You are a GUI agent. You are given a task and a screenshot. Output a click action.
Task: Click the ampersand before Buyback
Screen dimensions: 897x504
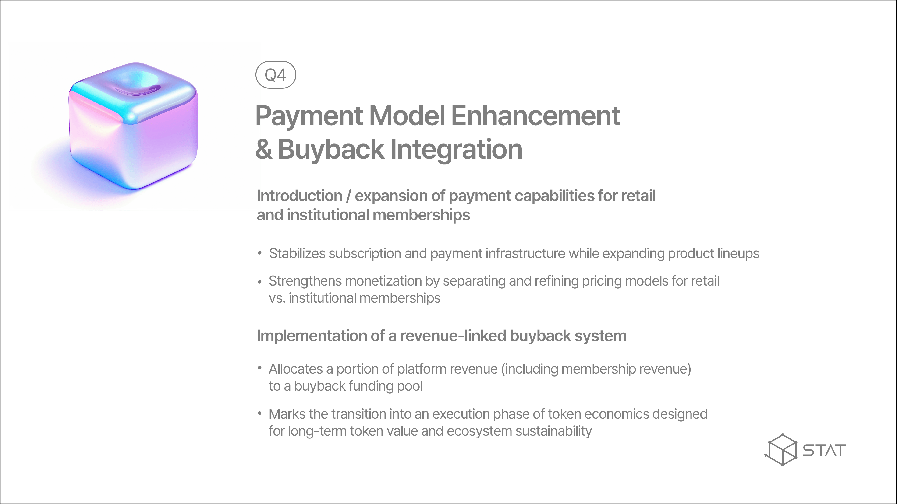[x=264, y=149]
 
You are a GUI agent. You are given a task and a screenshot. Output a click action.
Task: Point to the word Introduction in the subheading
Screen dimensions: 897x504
[x=299, y=196]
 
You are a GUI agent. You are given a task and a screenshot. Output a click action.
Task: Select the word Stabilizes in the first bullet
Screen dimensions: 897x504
[x=297, y=254]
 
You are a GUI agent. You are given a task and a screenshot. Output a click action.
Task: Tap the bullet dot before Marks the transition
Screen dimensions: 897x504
[x=259, y=413]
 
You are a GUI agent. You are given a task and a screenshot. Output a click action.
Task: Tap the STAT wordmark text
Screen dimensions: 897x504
[x=824, y=450]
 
